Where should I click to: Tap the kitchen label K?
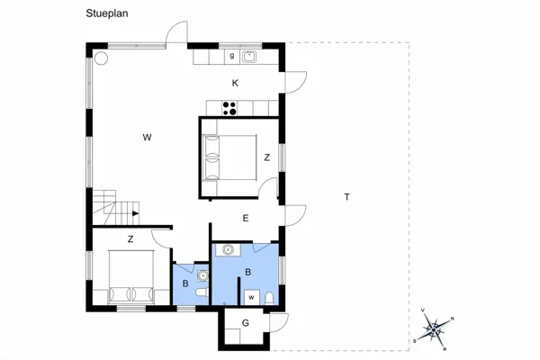[x=235, y=83]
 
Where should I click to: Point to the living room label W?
[x=146, y=137]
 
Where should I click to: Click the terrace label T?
[x=346, y=196]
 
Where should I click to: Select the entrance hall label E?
[x=245, y=218]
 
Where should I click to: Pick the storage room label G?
[x=245, y=323]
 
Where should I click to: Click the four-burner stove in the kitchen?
[x=229, y=109]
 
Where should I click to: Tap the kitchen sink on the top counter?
[x=250, y=57]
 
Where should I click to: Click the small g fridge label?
[x=232, y=56]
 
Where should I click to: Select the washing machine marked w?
[x=251, y=295]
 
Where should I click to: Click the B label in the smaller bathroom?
[x=186, y=284]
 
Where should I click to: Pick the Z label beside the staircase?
[x=130, y=238]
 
